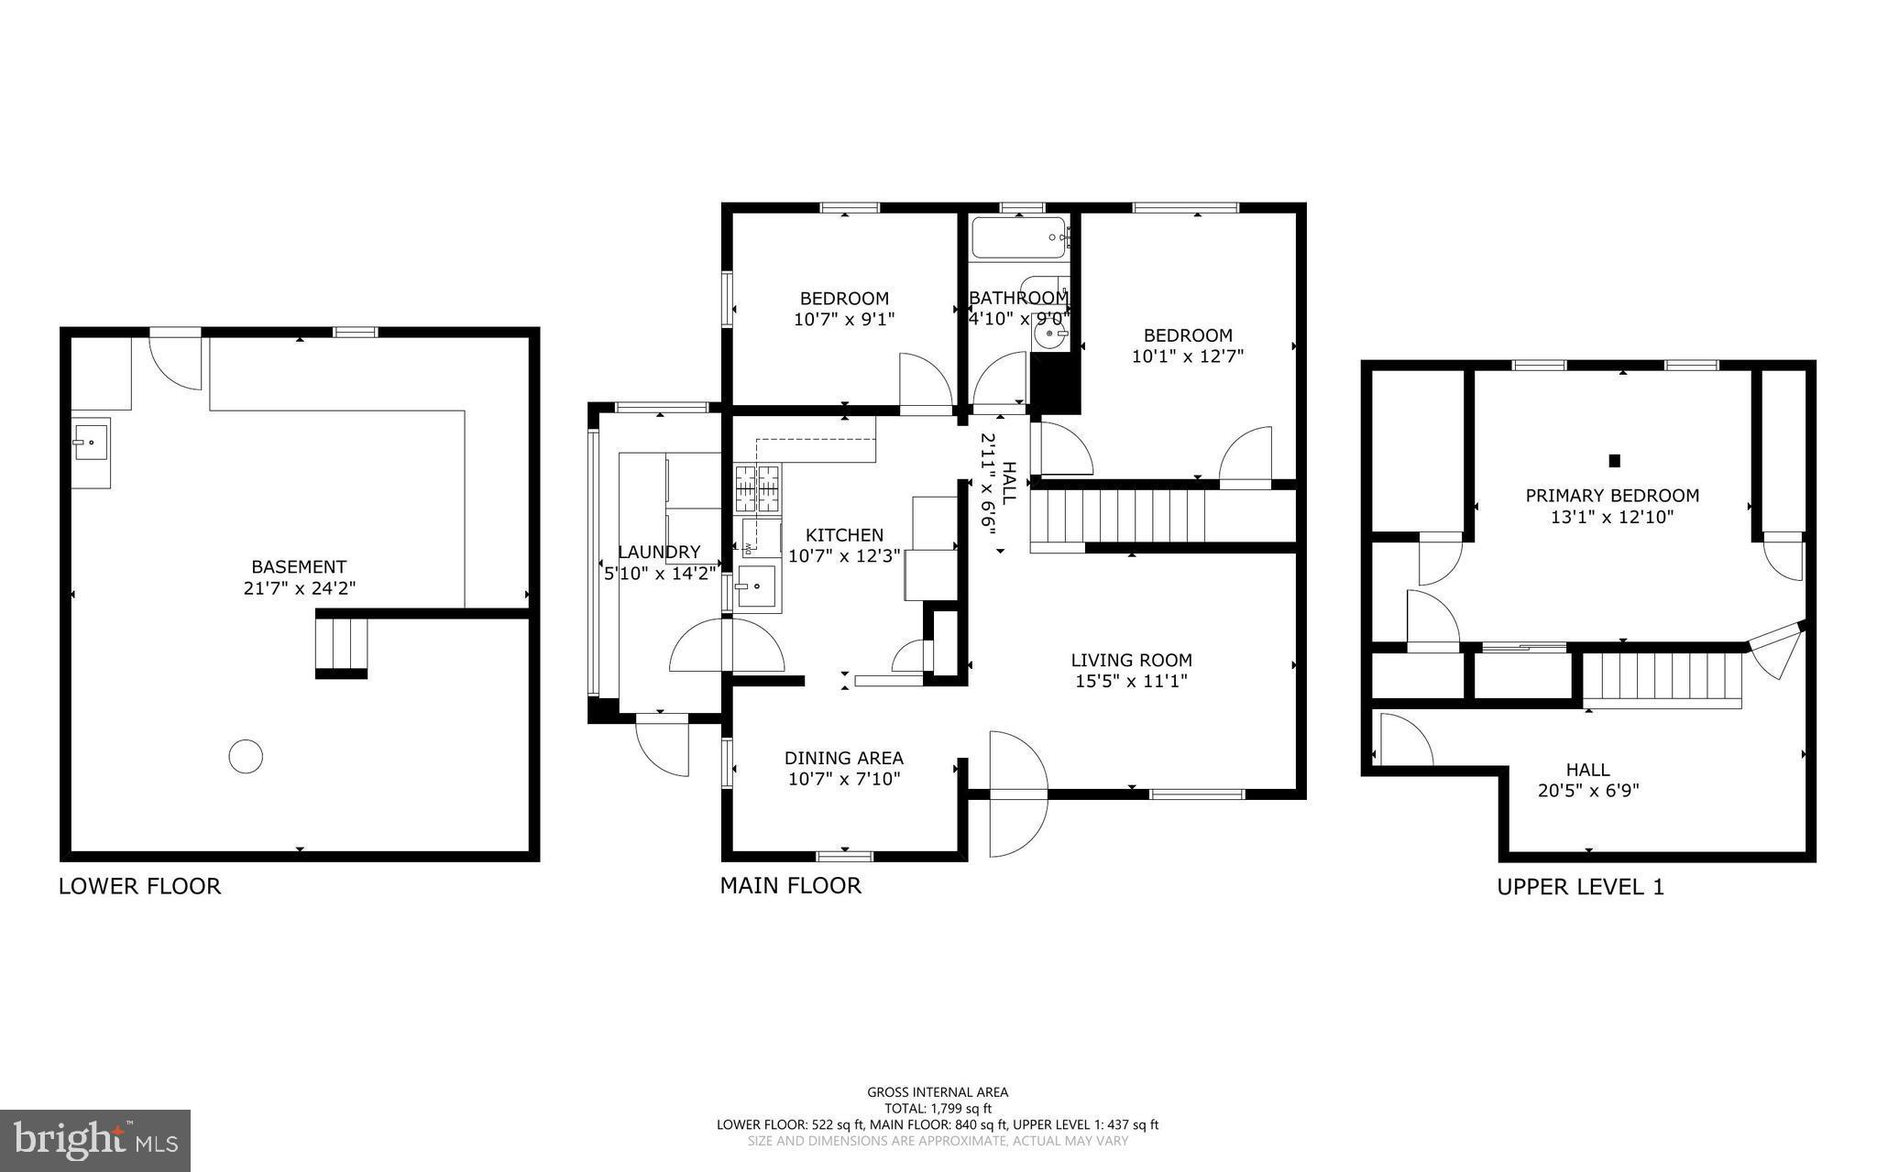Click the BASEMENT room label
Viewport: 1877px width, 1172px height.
299,567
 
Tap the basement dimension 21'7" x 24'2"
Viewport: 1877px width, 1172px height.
299,588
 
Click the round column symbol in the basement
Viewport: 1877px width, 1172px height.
246,757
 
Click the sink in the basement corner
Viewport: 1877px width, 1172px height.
91,443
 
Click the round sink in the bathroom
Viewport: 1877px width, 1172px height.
1049,334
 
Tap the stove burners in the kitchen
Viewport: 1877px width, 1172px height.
757,488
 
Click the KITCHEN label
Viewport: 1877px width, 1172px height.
844,535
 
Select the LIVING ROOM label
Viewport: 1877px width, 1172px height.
1131,660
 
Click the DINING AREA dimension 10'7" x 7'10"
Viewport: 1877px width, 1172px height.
844,779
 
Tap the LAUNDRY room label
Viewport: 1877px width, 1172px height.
658,552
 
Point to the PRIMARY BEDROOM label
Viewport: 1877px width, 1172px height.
1611,496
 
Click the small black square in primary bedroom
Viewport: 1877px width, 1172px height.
1615,461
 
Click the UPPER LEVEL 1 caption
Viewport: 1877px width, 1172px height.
1580,887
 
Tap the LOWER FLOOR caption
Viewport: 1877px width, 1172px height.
139,886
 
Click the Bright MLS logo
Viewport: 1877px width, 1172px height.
95,1140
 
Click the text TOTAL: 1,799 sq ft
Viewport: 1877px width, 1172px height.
938,1108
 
